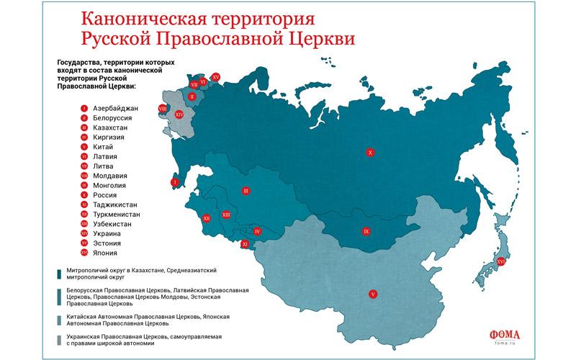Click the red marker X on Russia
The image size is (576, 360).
coord(369,153)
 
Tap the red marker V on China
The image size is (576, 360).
coord(372,294)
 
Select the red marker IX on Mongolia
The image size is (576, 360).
coord(366,232)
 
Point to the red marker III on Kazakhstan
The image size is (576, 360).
coord(246,191)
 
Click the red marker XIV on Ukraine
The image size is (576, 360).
coord(179,114)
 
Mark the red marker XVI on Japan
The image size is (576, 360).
coord(500,262)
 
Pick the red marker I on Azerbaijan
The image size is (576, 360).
coord(174,183)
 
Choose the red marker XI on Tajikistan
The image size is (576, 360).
coord(244,244)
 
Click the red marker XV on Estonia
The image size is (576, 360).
coord(216,76)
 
